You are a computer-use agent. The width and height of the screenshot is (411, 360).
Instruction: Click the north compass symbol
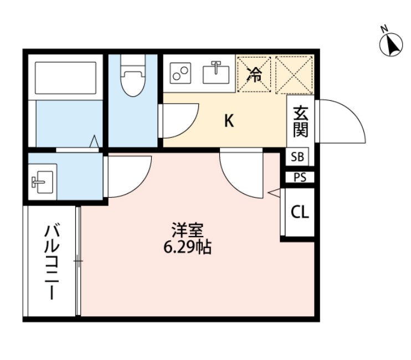point(392,44)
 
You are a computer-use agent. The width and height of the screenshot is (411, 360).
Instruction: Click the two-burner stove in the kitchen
point(180,73)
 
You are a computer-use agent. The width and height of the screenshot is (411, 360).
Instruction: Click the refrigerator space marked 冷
point(255,74)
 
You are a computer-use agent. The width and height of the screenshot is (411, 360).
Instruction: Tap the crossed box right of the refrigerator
point(295,74)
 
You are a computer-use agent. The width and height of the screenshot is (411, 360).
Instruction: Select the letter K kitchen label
point(228,121)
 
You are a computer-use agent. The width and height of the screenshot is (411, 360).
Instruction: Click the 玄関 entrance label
point(300,122)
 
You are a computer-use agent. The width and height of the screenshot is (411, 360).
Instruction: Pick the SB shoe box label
point(297,157)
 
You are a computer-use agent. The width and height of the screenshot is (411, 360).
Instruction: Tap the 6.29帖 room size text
point(187,248)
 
